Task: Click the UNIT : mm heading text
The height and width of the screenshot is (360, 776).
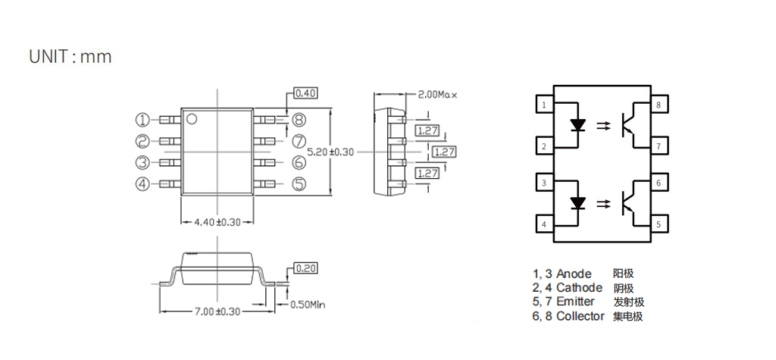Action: pos(70,57)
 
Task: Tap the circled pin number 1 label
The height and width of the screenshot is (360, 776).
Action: pos(142,120)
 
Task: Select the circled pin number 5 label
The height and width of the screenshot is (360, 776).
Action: pos(299,184)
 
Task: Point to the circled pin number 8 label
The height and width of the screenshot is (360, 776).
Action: pos(299,120)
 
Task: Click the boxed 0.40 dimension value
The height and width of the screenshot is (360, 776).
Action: pos(305,93)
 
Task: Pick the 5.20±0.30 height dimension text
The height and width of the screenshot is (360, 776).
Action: pos(330,152)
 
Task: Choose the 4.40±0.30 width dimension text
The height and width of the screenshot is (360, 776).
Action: pos(217,223)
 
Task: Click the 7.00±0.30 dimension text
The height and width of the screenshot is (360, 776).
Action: pos(217,311)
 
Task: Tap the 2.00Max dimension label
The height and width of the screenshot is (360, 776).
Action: pos(438,95)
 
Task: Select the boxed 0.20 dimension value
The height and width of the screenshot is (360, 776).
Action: pos(305,268)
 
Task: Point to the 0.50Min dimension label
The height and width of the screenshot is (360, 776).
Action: pos(308,305)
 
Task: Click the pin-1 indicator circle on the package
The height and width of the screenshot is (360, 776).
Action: pos(192,118)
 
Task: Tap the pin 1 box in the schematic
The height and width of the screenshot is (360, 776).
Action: pos(544,105)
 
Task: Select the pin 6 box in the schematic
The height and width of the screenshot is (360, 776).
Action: pos(659,183)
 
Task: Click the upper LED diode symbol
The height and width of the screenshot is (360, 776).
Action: pos(579,124)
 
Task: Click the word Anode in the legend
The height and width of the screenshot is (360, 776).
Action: pos(574,274)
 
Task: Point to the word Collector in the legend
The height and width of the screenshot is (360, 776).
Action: pos(580,316)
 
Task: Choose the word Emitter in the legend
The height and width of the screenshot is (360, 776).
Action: pos(575,302)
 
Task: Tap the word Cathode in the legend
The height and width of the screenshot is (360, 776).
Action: pos(579,288)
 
